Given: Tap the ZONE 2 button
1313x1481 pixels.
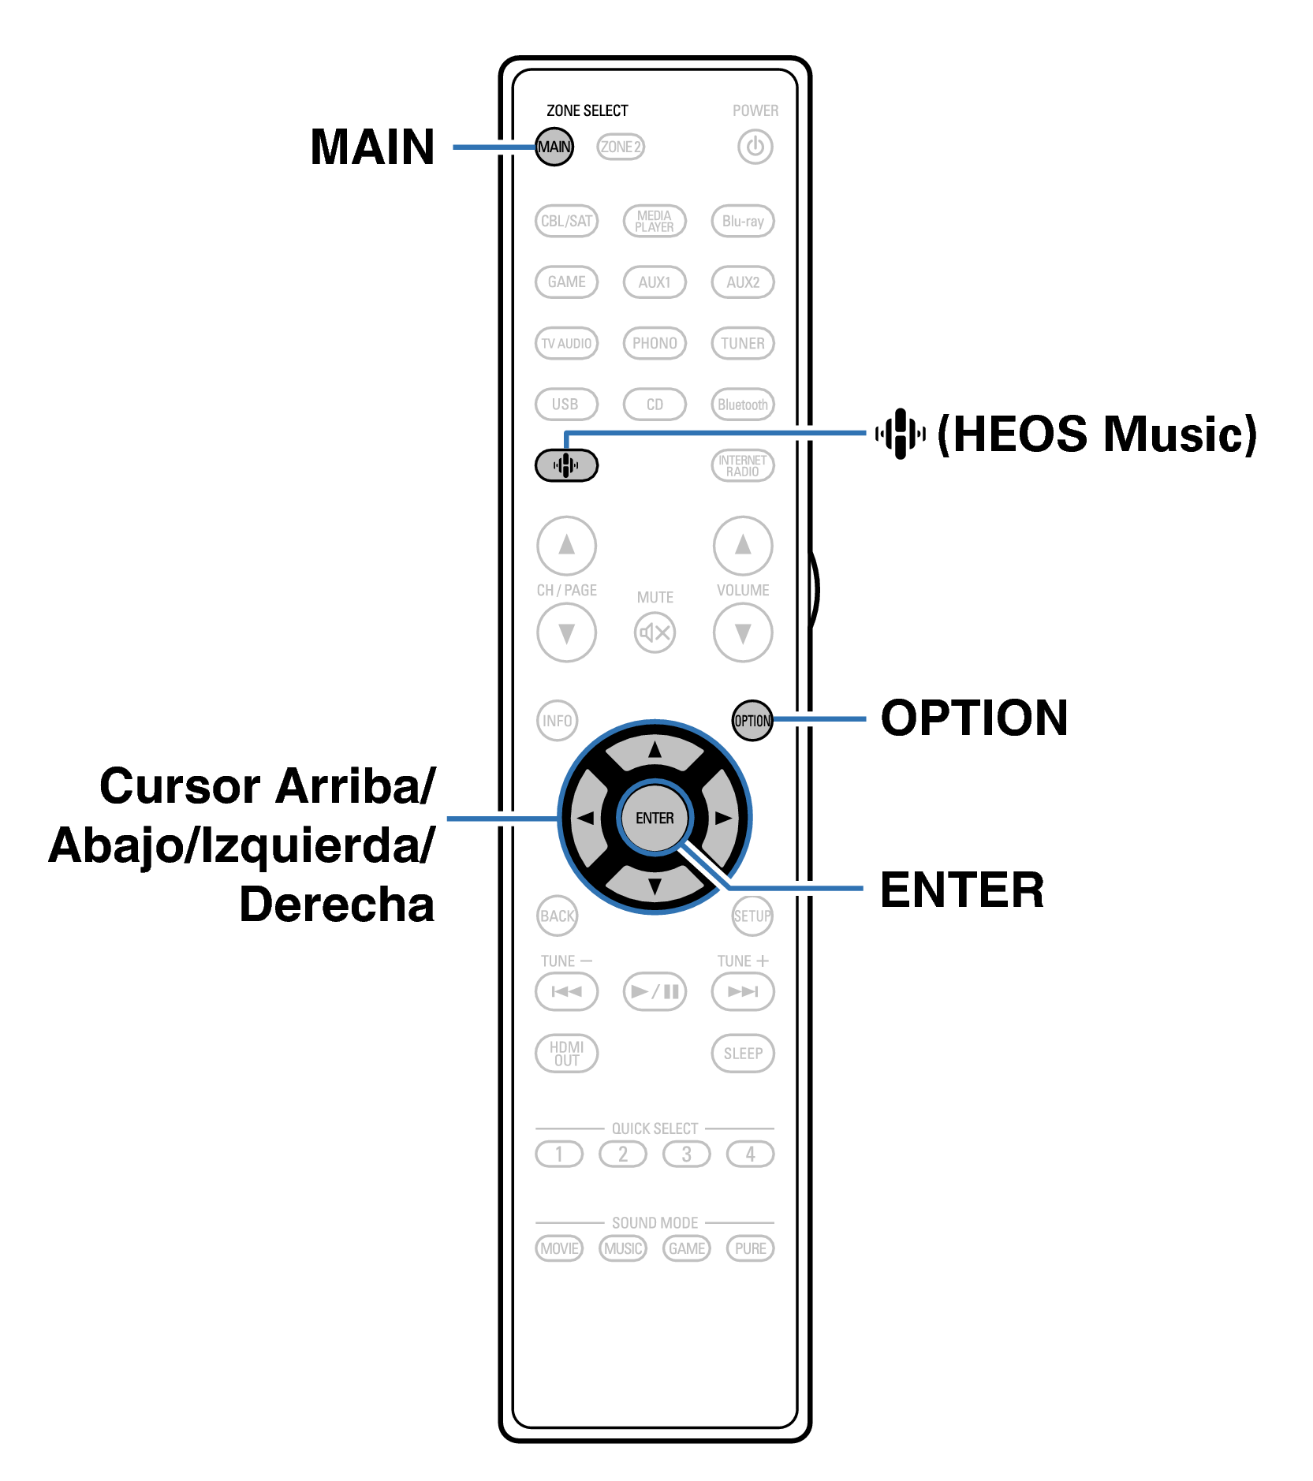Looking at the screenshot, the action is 620,147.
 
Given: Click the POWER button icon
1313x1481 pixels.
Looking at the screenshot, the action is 755,147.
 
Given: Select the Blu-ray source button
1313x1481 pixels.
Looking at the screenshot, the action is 743,222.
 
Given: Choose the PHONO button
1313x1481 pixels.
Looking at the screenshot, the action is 655,343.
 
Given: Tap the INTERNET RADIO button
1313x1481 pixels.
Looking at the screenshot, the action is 743,465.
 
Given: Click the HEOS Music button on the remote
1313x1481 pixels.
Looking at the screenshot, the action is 566,465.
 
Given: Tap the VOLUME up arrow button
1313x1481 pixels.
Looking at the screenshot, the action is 743,546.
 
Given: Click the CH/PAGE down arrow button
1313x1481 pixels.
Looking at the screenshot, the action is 566,632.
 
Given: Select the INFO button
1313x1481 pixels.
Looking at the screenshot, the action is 557,721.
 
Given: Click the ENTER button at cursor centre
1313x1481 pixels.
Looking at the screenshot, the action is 655,818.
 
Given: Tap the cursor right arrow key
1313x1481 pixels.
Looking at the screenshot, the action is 723,818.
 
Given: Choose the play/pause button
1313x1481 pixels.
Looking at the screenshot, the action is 655,991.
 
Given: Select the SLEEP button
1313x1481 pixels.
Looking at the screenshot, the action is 743,1054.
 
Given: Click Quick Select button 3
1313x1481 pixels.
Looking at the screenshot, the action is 686,1155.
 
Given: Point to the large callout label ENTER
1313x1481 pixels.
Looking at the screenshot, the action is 962,890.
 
